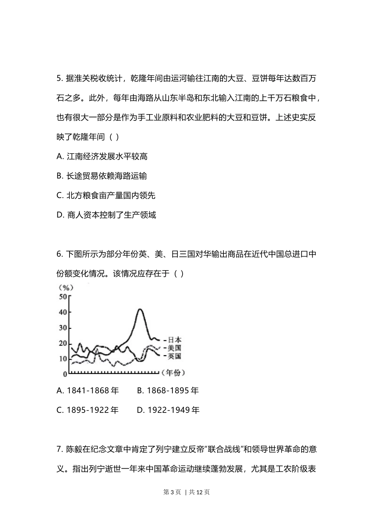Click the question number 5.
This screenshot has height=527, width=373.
click(60, 78)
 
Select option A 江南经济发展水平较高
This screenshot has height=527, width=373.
click(102, 156)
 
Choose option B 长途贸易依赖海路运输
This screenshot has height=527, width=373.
click(102, 176)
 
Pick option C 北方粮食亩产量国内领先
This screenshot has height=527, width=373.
click(106, 195)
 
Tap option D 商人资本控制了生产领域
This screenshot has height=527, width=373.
click(106, 215)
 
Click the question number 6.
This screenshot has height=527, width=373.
click(60, 254)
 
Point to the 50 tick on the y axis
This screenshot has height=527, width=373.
click(63, 297)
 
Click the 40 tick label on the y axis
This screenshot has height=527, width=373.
click(63, 313)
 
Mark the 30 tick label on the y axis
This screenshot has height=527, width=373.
click(63, 328)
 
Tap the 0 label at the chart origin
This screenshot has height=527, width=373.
click(65, 374)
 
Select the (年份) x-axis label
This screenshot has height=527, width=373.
click(173, 373)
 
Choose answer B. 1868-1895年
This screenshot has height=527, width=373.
click(168, 391)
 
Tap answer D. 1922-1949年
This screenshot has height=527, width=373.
click(168, 410)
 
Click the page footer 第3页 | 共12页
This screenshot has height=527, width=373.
click(186, 492)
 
